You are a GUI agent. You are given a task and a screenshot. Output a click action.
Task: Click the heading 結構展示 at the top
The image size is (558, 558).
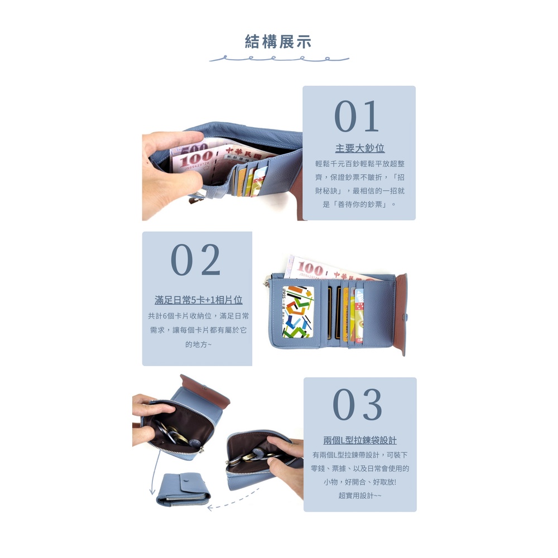[278, 42]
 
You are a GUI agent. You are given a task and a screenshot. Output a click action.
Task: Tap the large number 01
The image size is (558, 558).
[357, 116]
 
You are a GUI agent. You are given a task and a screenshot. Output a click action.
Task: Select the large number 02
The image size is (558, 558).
[196, 260]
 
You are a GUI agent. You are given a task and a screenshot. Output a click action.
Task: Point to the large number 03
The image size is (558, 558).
[357, 404]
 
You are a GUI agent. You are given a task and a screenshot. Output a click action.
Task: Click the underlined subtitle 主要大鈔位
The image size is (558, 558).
[360, 148]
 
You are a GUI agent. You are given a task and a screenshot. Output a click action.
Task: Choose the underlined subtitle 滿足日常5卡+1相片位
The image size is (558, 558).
[199, 300]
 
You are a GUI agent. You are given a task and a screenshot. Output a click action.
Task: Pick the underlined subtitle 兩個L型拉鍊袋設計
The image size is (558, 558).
[360, 440]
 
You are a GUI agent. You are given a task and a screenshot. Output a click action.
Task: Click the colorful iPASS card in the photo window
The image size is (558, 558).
[298, 312]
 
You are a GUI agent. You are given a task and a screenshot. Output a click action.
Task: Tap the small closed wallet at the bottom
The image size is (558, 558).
[183, 489]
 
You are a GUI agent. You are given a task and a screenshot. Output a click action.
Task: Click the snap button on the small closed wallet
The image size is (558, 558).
[185, 480]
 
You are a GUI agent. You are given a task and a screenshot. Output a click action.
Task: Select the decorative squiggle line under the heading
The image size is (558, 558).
[279, 59]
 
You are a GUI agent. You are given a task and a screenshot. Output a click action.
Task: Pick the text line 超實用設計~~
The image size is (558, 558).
[360, 496]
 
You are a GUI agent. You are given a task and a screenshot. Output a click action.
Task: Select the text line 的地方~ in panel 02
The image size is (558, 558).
[198, 344]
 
